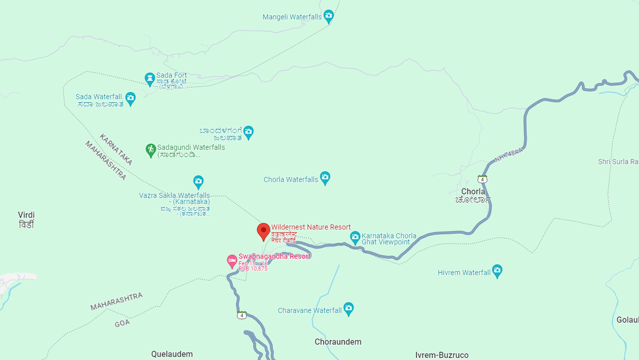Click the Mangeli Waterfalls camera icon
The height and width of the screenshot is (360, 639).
pyautogui.click(x=329, y=16)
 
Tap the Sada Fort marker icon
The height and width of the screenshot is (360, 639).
pyautogui.click(x=150, y=79)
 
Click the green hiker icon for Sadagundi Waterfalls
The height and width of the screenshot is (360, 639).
pyautogui.click(x=151, y=150)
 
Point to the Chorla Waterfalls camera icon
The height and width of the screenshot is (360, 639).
pyautogui.click(x=325, y=178)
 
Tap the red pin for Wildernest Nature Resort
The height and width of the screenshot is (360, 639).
pyautogui.click(x=263, y=232)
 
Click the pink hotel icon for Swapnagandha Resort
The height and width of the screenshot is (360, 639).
pyautogui.click(x=232, y=260)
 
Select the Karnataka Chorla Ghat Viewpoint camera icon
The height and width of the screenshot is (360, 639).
pyautogui.click(x=355, y=236)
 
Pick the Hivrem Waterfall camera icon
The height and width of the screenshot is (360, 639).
pyautogui.click(x=497, y=271)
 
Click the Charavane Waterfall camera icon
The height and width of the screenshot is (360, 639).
pyautogui.click(x=348, y=308)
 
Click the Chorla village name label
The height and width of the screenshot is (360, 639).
pyautogui.click(x=473, y=192)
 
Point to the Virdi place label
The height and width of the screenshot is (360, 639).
pyautogui.click(x=26, y=215)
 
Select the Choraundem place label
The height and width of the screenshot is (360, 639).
pyautogui.click(x=338, y=342)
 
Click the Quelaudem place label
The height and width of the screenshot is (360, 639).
pyautogui.click(x=172, y=354)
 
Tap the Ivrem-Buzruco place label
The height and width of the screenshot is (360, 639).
pyautogui.click(x=442, y=355)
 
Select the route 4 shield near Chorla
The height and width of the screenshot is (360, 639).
pyautogui.click(x=482, y=179)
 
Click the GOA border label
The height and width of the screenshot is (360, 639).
pyautogui.click(x=122, y=323)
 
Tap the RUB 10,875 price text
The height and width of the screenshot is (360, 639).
pyautogui.click(x=253, y=268)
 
